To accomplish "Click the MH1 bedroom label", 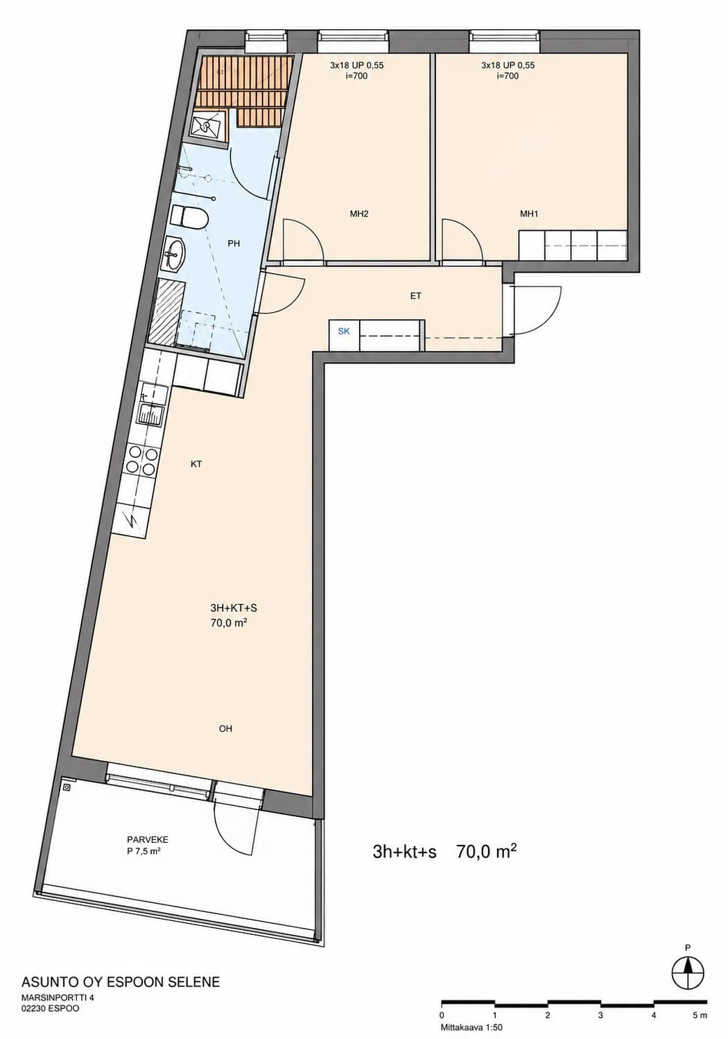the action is [528, 214].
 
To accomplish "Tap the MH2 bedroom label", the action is [359, 214].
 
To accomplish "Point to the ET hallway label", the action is [415, 295].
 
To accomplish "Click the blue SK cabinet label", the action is [344, 331].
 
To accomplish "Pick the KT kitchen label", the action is [196, 463].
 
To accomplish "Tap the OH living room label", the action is [225, 729].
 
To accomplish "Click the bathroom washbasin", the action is [173, 253].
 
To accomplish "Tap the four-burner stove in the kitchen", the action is [141, 460].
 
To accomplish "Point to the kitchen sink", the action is [150, 413].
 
